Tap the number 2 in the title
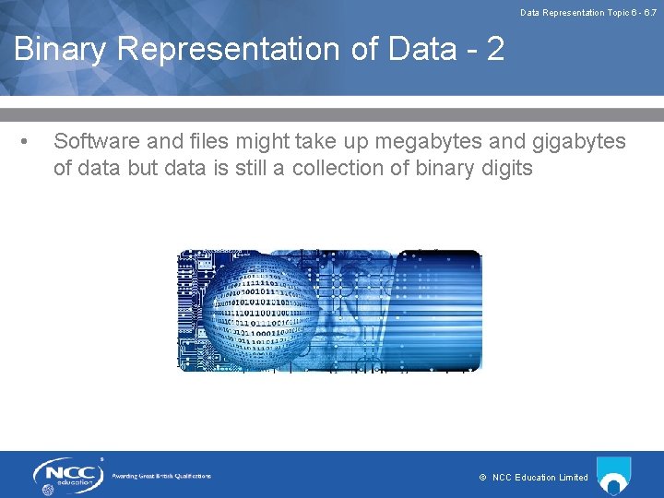(x=495, y=49)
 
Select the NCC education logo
(x=68, y=475)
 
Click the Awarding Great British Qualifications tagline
(x=161, y=476)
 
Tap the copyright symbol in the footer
(x=482, y=478)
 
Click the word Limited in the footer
(x=574, y=478)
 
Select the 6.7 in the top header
(x=649, y=13)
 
